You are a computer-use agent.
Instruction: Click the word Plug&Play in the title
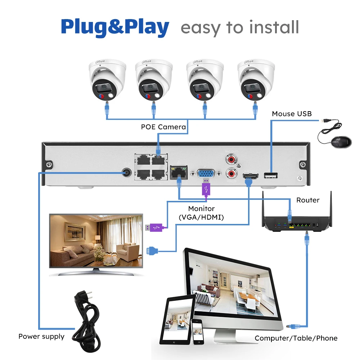tap(115, 27)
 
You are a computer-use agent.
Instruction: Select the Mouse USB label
tap(292, 114)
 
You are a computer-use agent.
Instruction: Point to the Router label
tap(308, 200)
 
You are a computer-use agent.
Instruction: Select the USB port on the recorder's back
tap(271, 175)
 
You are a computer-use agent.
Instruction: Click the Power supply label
tap(41, 337)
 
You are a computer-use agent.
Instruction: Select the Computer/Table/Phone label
tap(296, 338)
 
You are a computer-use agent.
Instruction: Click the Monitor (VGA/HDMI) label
tap(201, 213)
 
